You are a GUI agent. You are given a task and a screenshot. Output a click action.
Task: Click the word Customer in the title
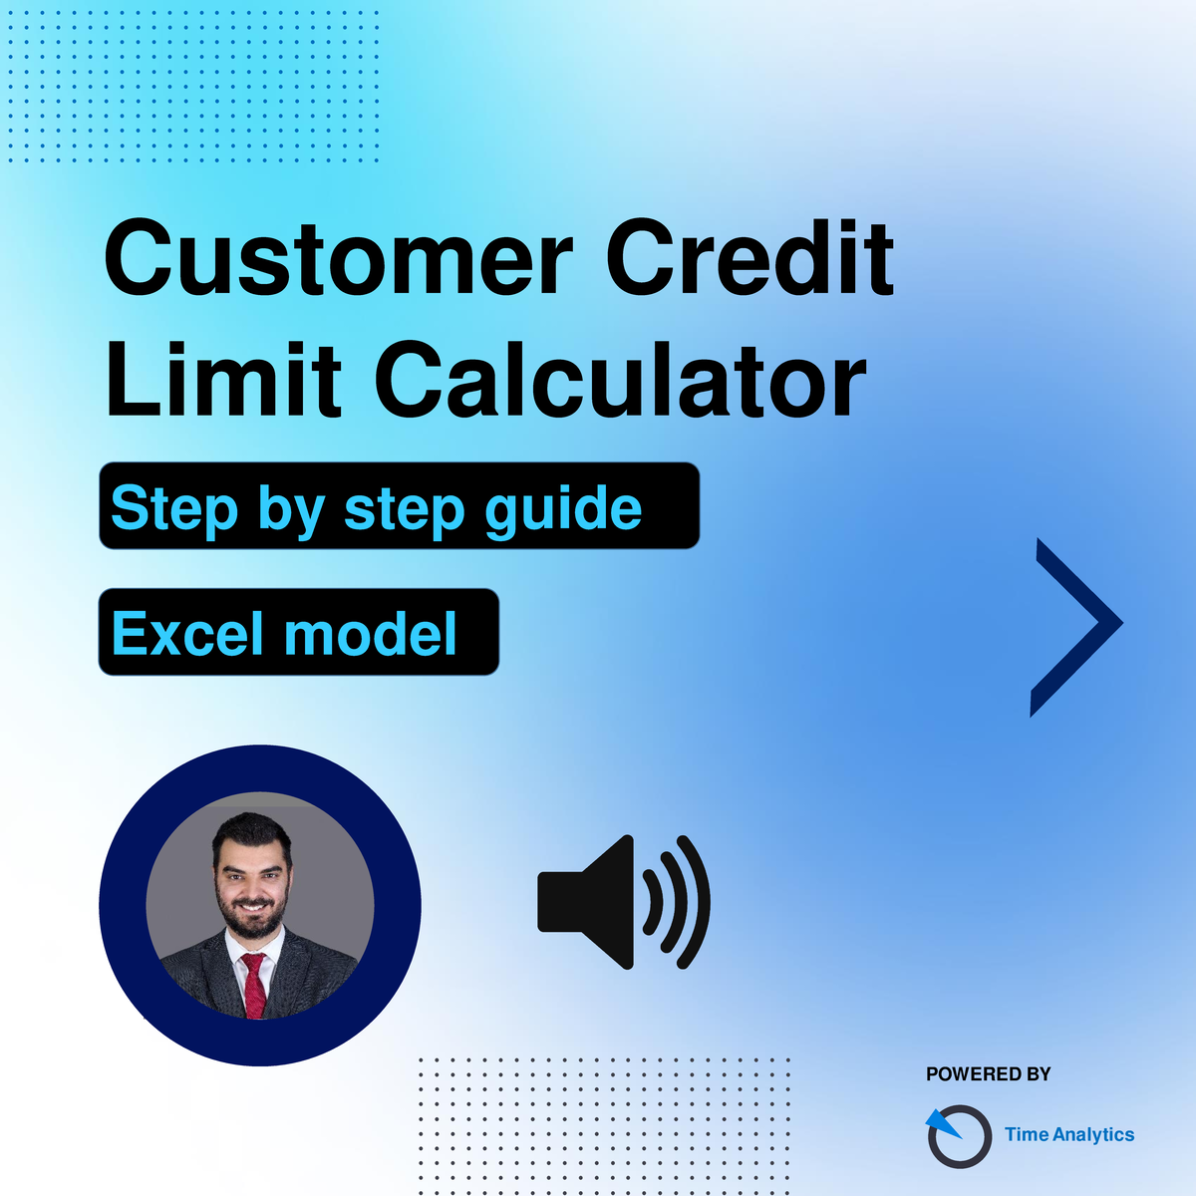pyautogui.click(x=338, y=257)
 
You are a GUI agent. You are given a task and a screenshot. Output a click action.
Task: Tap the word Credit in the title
pyautogui.click(x=750, y=257)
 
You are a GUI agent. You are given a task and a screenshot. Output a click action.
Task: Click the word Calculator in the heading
pyautogui.click(x=620, y=379)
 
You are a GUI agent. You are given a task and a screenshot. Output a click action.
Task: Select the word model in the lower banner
pyautogui.click(x=371, y=633)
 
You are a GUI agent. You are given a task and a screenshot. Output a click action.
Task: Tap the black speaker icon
pyautogui.click(x=623, y=902)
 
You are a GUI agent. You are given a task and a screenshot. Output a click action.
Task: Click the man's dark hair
pyautogui.click(x=251, y=831)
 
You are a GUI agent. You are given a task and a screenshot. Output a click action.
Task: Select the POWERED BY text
pyautogui.click(x=988, y=1074)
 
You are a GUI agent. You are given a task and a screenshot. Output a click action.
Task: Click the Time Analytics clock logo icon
pyautogui.click(x=959, y=1135)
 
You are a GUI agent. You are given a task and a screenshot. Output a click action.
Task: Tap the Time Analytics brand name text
pyautogui.click(x=1069, y=1135)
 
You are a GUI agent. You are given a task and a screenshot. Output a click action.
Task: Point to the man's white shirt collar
pyautogui.click(x=254, y=949)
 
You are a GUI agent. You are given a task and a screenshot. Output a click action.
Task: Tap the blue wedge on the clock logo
pyautogui.click(x=942, y=1124)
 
